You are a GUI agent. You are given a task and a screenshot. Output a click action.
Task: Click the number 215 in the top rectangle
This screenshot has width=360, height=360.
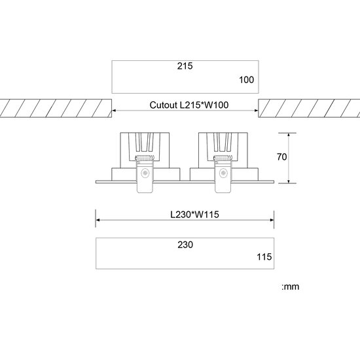tap(185, 67)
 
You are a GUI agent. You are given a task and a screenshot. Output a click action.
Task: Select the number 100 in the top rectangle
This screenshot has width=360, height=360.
tap(245, 81)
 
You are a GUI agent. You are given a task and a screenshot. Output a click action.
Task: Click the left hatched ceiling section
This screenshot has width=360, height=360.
tap(56, 108)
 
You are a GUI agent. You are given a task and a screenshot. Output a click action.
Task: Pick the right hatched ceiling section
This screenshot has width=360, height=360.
tap(309, 108)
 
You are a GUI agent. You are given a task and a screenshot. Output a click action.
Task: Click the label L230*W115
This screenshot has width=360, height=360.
tap(185, 213)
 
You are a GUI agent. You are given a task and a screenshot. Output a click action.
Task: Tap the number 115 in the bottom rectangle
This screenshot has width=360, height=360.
tap(263, 257)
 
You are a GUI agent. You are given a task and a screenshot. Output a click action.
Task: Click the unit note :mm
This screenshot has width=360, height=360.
tap(290, 286)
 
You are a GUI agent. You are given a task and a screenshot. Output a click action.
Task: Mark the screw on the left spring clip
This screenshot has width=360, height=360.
tap(145, 173)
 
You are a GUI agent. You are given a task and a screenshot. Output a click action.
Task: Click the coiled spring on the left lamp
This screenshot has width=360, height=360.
tap(145, 158)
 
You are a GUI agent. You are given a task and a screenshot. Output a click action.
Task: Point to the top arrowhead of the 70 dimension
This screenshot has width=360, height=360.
tap(288, 134)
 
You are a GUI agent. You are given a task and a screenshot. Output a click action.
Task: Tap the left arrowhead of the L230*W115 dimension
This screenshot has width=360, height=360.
tap(99, 219)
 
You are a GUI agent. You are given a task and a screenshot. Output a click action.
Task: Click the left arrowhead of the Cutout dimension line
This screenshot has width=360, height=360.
tap(115, 110)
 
